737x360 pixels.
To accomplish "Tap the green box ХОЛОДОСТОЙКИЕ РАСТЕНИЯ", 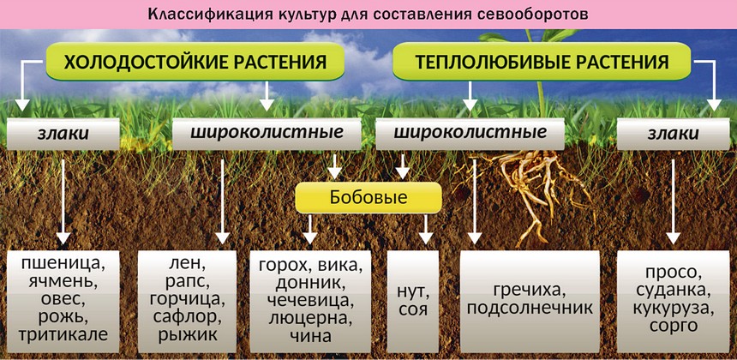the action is (x=195, y=62).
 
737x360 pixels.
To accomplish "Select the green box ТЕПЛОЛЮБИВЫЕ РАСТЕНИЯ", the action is (x=542, y=62).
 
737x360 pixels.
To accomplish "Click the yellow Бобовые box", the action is (x=368, y=197).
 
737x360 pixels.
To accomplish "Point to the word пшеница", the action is (x=63, y=263).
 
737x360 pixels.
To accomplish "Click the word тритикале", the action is (x=63, y=334).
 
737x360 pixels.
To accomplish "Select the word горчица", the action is (x=187, y=298).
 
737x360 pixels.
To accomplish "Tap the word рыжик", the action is (x=187, y=334).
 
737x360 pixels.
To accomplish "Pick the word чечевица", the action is (x=309, y=299).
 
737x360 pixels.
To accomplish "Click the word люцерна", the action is (x=309, y=317).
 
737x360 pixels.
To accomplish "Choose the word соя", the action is (x=412, y=310).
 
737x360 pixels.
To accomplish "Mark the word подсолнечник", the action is (x=530, y=309).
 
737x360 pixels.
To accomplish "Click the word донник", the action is (x=309, y=281).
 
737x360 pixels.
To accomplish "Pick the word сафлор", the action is (x=187, y=316).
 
